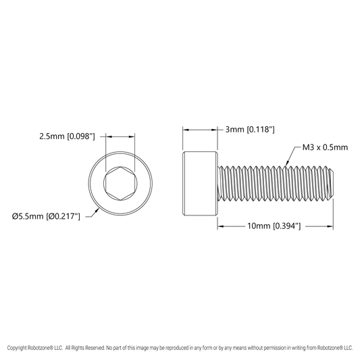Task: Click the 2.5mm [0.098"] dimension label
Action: (67, 136)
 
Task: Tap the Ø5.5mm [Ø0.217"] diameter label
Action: (46, 216)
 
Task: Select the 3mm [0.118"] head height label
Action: (250, 130)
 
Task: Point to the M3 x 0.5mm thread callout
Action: (325, 147)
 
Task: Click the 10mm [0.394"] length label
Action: (274, 226)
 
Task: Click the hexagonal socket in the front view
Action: (120, 184)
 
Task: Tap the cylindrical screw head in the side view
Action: (200, 184)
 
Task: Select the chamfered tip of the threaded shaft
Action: (331, 184)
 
